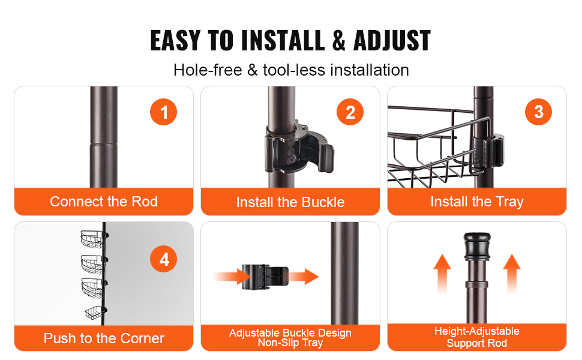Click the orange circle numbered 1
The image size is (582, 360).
click(x=163, y=112)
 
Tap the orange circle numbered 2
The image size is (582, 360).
click(x=350, y=112)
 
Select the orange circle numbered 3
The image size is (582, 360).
click(x=538, y=112)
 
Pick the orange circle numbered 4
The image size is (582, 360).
click(x=163, y=259)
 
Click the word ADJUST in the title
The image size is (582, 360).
click(x=392, y=40)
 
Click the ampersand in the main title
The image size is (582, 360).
click(x=338, y=40)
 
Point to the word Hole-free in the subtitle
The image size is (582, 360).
click(x=208, y=70)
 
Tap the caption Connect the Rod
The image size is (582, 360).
click(x=104, y=202)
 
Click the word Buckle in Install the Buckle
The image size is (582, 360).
click(x=323, y=202)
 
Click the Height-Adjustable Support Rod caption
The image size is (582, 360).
click(x=477, y=337)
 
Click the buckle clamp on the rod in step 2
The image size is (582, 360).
click(x=299, y=147)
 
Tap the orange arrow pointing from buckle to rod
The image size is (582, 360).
click(x=304, y=277)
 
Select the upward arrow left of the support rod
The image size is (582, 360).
click(x=442, y=274)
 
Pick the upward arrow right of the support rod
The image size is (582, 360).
click(x=512, y=274)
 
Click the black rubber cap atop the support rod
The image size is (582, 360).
click(x=477, y=247)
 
